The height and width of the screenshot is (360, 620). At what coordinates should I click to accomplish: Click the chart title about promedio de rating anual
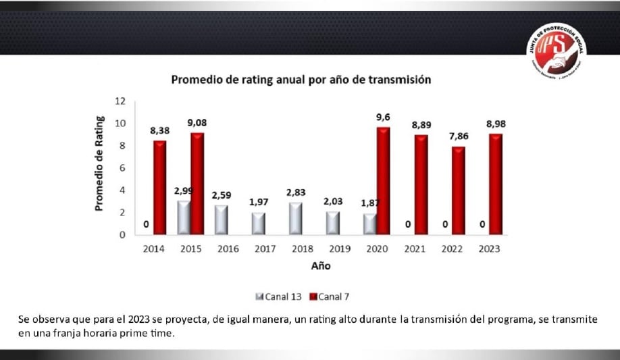click(301, 79)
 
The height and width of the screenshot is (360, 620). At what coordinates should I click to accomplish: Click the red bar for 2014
click(160, 187)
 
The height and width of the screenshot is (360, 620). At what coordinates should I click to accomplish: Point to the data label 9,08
click(197, 123)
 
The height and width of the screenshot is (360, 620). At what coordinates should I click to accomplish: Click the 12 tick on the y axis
click(120, 101)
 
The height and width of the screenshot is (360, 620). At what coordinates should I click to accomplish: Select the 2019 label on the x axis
click(340, 249)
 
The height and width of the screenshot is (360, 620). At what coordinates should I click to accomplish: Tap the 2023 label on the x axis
click(489, 249)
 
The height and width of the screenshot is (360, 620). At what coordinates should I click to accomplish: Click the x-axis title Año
click(321, 266)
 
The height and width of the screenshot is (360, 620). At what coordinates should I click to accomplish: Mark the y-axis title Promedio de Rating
click(99, 163)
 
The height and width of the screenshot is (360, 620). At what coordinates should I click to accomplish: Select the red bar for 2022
click(459, 190)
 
